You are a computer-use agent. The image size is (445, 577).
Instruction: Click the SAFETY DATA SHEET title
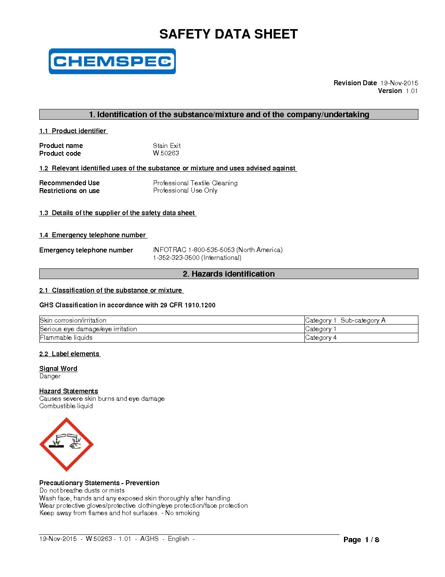(228, 34)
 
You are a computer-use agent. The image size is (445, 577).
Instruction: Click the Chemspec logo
(112, 61)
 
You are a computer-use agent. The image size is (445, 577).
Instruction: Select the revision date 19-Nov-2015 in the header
(399, 83)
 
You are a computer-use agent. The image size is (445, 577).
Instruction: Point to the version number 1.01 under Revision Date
(411, 91)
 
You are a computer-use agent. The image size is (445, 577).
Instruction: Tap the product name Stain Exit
(166, 145)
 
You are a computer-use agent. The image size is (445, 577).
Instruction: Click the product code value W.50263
(166, 153)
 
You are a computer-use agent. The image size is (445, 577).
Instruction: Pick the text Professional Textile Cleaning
(195, 183)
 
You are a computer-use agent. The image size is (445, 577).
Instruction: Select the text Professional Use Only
(185, 191)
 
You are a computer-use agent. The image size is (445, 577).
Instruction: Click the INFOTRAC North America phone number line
(218, 250)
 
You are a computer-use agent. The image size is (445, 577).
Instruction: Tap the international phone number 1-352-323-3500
(197, 258)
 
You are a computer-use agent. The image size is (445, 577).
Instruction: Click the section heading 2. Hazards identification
(229, 274)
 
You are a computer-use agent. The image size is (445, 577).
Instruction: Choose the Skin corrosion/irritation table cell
(73, 320)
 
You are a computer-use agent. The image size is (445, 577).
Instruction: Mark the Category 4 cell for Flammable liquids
(321, 338)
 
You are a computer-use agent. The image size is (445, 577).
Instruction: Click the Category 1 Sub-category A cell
(345, 320)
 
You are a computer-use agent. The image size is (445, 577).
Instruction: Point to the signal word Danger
(50, 376)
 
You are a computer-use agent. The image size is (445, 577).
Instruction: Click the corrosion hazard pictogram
(66, 444)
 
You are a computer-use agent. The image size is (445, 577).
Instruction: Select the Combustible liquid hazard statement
(66, 406)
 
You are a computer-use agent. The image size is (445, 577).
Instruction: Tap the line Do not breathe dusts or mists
(82, 491)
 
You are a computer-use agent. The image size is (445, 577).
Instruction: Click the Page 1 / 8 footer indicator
(361, 540)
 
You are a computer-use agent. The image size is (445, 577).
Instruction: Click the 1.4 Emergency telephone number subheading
(93, 235)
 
